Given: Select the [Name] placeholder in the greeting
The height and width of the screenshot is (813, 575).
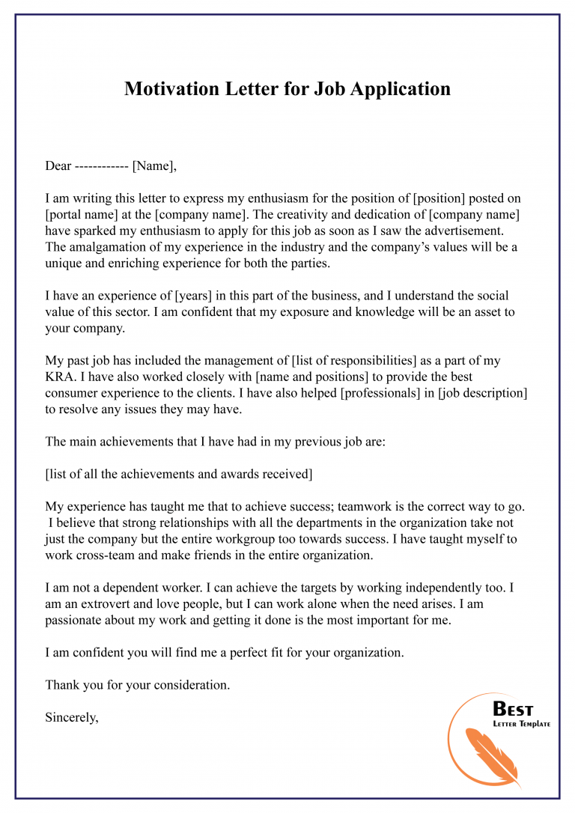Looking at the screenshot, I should click(154, 166).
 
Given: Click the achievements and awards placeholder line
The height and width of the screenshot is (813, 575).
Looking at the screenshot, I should click(179, 474).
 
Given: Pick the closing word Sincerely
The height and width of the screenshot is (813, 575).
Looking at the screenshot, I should click(72, 716).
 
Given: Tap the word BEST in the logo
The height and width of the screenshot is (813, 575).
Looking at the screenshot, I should click(513, 709).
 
